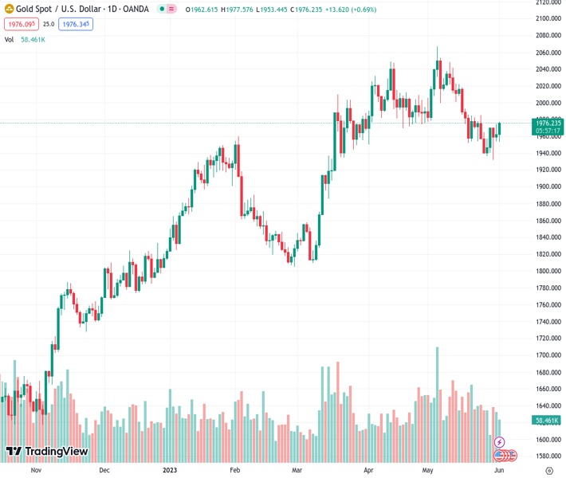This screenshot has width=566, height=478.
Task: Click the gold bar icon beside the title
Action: tap(8, 10)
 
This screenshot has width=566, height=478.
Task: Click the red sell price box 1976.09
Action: tap(20, 24)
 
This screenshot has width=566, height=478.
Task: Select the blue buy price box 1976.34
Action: tap(77, 24)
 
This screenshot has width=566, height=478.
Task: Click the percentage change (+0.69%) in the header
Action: tap(354, 10)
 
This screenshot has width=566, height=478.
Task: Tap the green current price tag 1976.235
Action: tap(548, 123)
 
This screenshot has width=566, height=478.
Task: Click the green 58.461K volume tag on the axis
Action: tap(547, 420)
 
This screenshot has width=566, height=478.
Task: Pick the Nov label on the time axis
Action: tap(35, 470)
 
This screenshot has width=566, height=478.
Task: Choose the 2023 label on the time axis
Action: tap(171, 470)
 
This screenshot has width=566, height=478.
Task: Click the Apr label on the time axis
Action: tap(368, 470)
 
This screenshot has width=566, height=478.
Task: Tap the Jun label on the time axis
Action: tap(497, 470)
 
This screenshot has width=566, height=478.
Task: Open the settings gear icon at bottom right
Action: tap(548, 470)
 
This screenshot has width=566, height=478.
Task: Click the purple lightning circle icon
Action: tap(500, 442)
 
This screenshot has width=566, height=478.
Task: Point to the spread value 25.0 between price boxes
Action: tap(49, 24)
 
